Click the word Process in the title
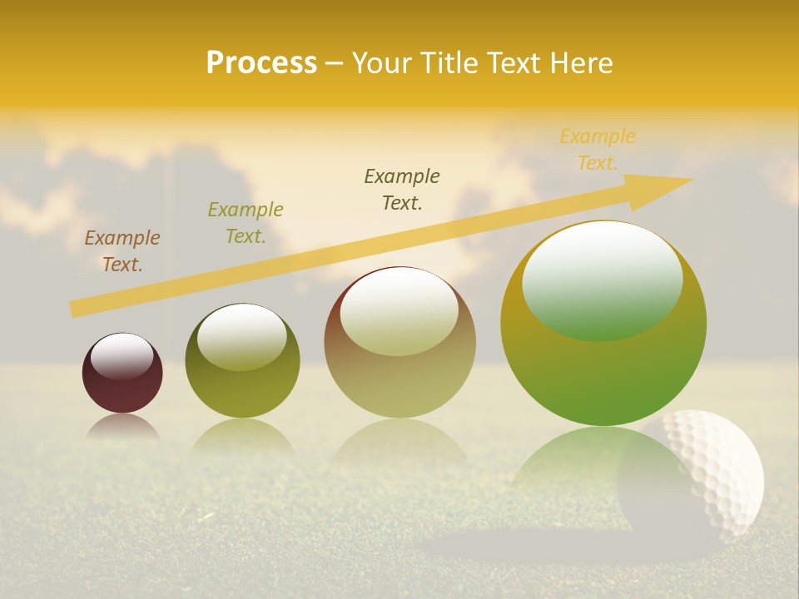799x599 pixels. click(x=261, y=63)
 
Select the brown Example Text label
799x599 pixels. click(x=122, y=251)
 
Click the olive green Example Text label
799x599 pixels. click(x=246, y=223)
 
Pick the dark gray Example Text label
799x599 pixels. click(x=402, y=189)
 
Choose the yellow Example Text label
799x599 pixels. click(x=597, y=150)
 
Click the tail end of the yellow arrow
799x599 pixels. click(x=77, y=309)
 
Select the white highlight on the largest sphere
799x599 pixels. click(x=603, y=279)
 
